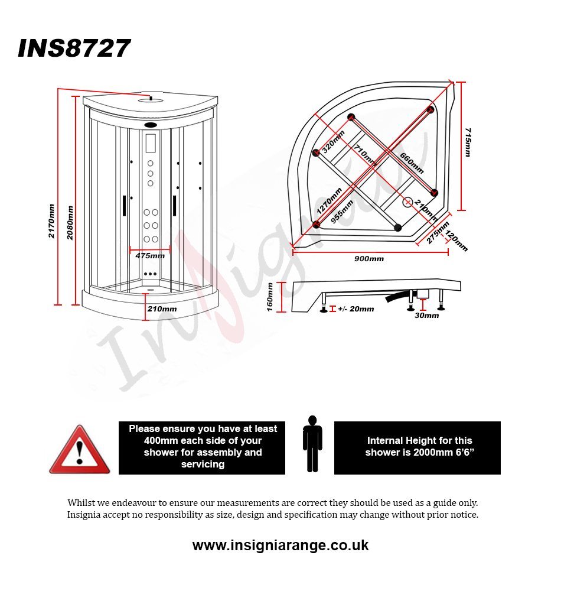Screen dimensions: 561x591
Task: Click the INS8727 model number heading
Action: (x=74, y=48)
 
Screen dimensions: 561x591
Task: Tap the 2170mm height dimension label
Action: (x=51, y=221)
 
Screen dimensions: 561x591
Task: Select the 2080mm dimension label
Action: (x=70, y=223)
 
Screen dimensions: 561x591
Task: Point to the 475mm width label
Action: (x=150, y=255)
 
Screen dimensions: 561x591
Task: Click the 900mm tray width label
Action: (x=369, y=259)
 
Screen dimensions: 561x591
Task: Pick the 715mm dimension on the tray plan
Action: (x=468, y=142)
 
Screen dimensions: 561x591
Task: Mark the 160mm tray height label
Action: (x=270, y=297)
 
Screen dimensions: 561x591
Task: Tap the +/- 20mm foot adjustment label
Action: (x=356, y=309)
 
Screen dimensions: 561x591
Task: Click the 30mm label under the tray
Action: (x=426, y=316)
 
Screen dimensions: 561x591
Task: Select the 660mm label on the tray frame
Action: (x=412, y=163)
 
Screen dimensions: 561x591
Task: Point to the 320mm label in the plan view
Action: (x=333, y=141)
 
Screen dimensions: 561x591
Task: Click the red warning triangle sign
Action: (x=80, y=449)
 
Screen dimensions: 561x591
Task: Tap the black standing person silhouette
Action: (x=312, y=444)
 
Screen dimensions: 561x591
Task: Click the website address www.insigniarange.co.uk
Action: (x=280, y=545)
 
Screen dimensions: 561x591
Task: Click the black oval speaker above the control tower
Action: (x=151, y=125)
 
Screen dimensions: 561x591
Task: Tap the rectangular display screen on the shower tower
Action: (x=151, y=143)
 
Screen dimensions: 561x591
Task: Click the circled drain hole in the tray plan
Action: (x=407, y=202)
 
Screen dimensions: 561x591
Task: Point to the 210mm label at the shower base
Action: (x=162, y=309)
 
